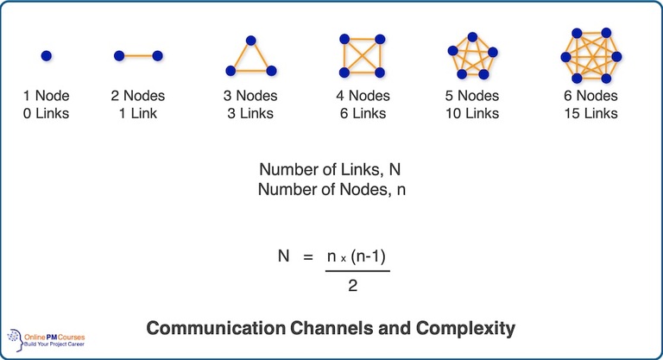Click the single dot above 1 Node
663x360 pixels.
47,56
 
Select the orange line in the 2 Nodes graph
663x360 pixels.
138,56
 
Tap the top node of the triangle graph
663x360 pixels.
250,41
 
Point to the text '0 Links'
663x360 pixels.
47,113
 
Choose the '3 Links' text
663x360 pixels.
250,113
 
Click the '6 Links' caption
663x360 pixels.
362,113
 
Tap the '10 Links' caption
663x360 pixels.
472,113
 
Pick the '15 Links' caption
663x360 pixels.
590,113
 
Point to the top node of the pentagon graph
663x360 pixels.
472,37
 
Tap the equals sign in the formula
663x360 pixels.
304,256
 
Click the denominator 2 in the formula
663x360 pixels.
352,285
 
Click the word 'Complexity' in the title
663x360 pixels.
467,328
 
